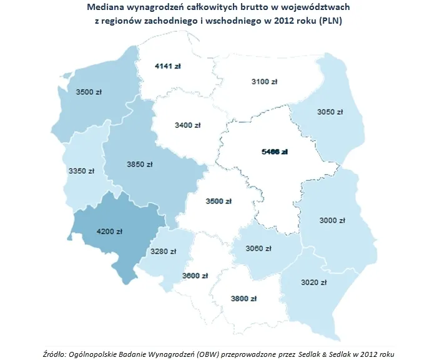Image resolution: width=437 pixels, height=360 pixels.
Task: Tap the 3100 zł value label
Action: point(264,82)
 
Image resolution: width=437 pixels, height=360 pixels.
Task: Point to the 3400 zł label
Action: point(188,125)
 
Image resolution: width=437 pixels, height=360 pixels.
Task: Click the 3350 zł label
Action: point(82,170)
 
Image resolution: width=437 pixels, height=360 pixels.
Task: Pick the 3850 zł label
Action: point(139,164)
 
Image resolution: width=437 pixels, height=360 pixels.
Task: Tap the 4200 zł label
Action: point(109,231)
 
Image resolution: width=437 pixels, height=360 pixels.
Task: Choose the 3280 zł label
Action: point(164,251)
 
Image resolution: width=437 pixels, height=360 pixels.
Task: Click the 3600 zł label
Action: point(194,276)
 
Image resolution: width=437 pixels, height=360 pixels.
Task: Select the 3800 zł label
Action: point(244,298)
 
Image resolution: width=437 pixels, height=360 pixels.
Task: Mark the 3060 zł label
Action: point(258,248)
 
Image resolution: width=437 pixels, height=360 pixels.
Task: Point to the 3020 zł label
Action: point(314,282)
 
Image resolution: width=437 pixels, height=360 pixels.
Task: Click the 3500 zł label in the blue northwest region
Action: point(89,92)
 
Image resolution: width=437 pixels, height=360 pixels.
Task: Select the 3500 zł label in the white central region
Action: point(219,201)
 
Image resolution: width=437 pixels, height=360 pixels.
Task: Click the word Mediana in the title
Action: point(106,7)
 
